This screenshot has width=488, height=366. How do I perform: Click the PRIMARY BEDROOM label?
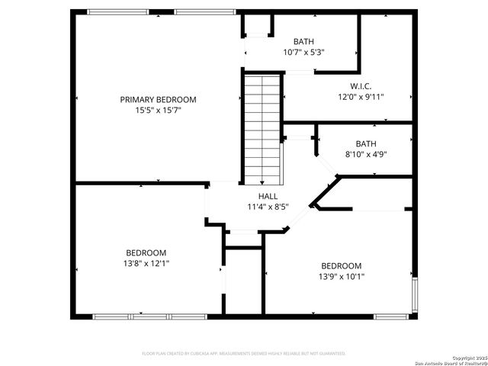point(158,100)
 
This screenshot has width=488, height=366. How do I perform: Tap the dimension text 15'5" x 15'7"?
point(158,111)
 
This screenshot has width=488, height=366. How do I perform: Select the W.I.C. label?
point(361,86)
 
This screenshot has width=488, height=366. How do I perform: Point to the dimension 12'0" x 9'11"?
point(361,97)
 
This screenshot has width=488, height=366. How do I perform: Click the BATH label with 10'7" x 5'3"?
point(303,42)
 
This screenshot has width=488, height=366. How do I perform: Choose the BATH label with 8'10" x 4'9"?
point(366,143)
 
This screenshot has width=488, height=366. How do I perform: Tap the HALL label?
point(267,196)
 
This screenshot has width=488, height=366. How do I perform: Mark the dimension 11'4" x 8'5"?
point(267,207)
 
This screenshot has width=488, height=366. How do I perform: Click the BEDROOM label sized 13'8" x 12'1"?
point(146,252)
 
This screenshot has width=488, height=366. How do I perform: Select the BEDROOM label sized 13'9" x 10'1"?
point(341,266)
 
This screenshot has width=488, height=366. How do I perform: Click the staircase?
point(262,126)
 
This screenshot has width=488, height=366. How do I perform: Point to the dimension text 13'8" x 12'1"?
point(146,264)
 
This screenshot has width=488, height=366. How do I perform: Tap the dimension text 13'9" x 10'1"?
point(341,277)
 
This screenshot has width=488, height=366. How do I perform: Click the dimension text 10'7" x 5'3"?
point(303,53)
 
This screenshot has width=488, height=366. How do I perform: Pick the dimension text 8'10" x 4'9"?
point(366,154)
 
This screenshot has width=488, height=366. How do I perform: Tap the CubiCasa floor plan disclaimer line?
point(244,354)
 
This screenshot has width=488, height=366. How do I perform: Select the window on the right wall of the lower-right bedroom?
point(415,296)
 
